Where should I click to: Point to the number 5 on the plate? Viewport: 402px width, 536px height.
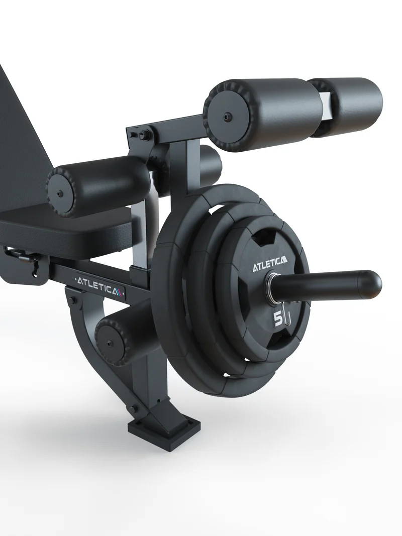[x=278, y=318]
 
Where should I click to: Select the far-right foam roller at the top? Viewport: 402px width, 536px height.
[x=352, y=104]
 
